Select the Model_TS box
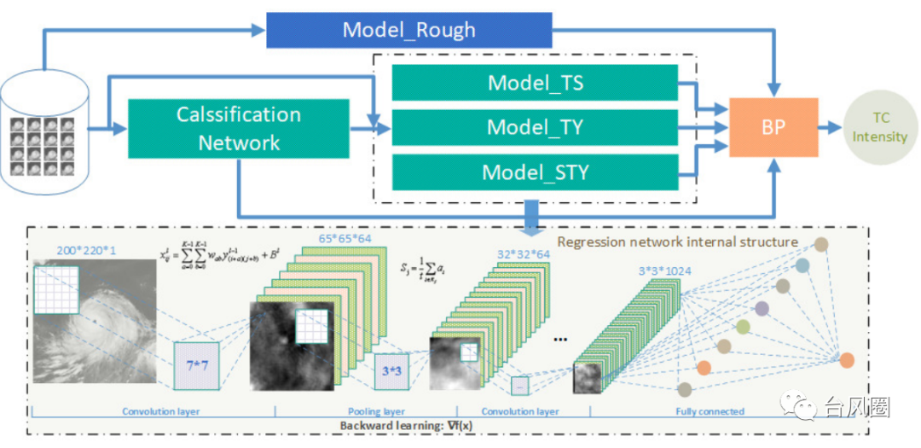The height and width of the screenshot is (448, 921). [x=535, y=83]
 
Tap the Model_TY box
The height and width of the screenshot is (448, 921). [x=535, y=127]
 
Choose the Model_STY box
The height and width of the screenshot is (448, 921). [x=535, y=172]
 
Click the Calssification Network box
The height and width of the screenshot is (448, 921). [x=239, y=129]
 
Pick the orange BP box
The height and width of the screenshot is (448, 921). [x=773, y=127]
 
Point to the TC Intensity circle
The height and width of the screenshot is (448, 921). [x=879, y=129]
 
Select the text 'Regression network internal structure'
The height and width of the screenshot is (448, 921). [x=677, y=241]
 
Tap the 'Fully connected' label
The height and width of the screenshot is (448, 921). [x=710, y=411]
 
